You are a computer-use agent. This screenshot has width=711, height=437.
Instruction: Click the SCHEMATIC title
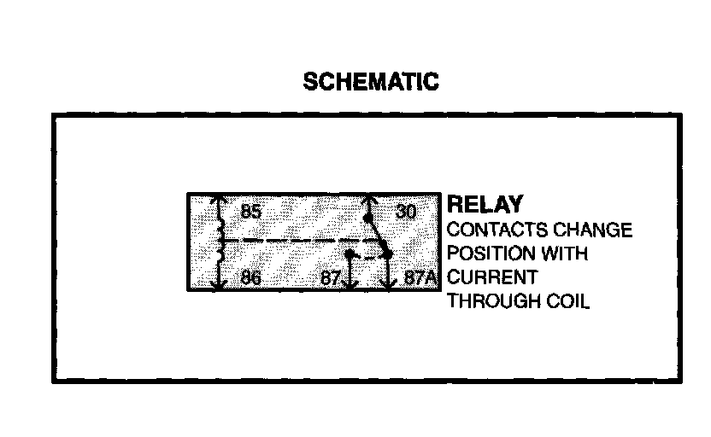click(372, 82)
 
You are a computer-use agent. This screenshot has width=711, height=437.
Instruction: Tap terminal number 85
click(250, 211)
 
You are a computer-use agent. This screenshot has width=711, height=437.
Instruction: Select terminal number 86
click(250, 278)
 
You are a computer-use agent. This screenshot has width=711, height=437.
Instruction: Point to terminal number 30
click(406, 211)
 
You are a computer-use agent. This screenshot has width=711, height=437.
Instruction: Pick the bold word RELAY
click(485, 205)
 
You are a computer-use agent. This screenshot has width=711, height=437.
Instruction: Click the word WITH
click(566, 254)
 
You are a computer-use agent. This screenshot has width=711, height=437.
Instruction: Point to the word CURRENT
click(492, 278)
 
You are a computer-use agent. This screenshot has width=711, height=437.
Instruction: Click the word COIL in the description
click(567, 302)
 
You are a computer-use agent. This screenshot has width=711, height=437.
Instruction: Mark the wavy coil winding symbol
click(220, 242)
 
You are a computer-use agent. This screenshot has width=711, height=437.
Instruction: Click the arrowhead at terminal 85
click(220, 201)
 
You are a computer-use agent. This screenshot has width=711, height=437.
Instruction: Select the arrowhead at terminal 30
click(368, 201)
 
